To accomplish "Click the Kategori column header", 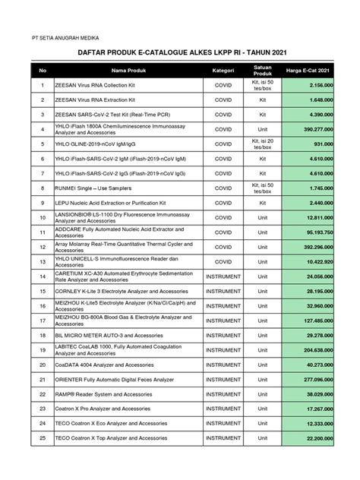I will pos(223,71).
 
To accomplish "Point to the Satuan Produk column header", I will pos(262,71).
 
